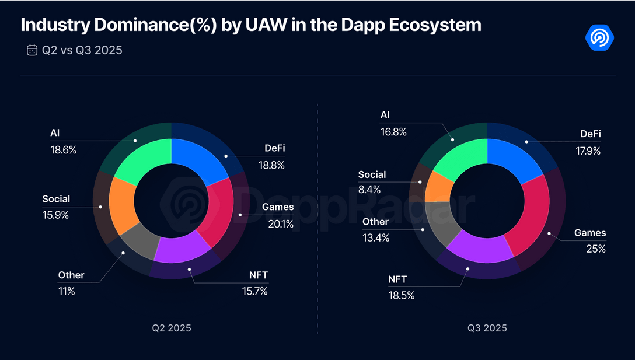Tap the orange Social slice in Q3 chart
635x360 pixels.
point(439,186)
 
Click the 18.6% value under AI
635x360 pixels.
point(64,150)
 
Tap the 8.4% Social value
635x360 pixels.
point(369,190)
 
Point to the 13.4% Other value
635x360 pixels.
point(375,237)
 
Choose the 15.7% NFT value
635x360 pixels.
point(254,291)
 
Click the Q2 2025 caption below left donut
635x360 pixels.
point(171,328)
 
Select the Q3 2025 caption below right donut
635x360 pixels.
point(487,328)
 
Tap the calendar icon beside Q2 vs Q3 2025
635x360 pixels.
point(32,50)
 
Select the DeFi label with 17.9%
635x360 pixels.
point(591,134)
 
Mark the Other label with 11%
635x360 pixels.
point(71,275)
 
